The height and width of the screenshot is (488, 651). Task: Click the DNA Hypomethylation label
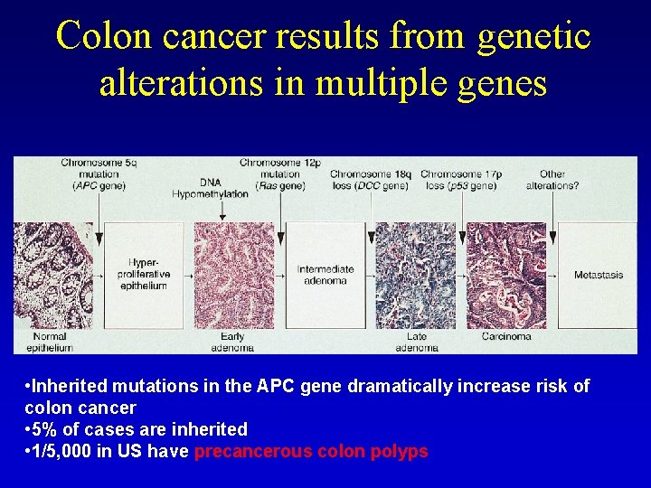[x=211, y=187]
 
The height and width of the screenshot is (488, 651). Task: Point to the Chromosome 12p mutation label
[x=279, y=174]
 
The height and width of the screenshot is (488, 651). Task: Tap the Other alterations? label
[x=552, y=180]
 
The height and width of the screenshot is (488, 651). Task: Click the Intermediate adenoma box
[x=325, y=274]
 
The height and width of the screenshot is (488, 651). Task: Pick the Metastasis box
[x=598, y=275]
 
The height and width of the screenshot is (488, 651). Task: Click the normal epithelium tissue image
[x=53, y=275]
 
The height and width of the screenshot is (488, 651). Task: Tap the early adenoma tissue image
[x=234, y=275]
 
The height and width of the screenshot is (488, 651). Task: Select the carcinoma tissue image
[x=506, y=275]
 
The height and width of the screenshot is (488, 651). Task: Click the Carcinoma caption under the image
[x=506, y=337]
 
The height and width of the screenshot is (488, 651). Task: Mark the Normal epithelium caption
[x=46, y=342]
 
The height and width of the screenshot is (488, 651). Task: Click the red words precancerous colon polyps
[x=311, y=451]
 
